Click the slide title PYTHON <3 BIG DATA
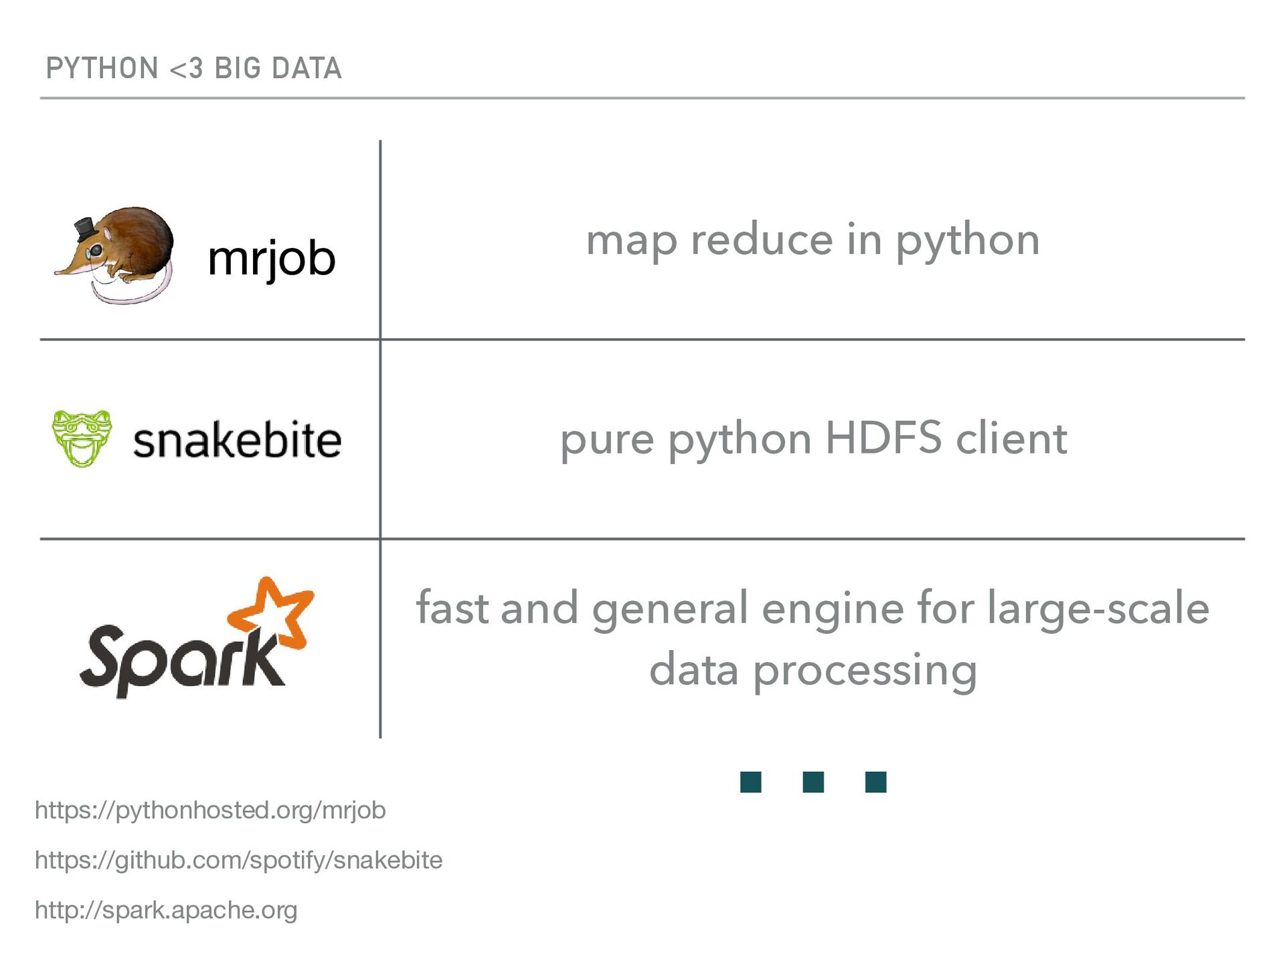coord(193,68)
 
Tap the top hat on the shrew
coord(85,229)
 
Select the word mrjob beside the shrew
coord(271,259)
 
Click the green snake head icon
coord(82,438)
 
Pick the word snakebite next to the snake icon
coord(237,441)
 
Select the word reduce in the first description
coord(762,240)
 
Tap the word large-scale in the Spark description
coord(1098,609)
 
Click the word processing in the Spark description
coord(865,671)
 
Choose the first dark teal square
coord(751,782)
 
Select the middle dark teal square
coord(813,782)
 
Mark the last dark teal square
coord(875,782)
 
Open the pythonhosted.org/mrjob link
coord(210,811)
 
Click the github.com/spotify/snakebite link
coord(238,860)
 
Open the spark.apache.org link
coord(166,910)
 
